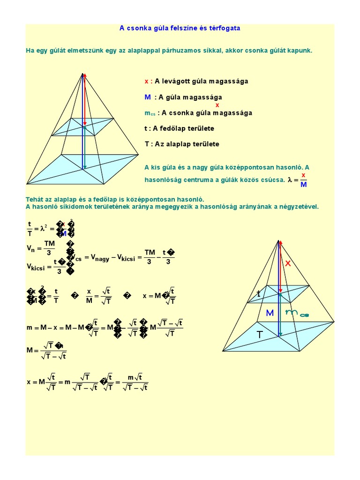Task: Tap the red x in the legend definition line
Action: point(146,81)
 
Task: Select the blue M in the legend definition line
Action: point(148,97)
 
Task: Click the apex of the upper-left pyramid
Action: point(83,74)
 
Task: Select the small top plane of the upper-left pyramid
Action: point(82,127)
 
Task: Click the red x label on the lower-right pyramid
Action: point(288,263)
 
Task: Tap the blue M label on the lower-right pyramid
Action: point(270,313)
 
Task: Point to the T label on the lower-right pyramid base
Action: point(260,335)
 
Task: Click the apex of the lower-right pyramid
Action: point(279,241)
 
